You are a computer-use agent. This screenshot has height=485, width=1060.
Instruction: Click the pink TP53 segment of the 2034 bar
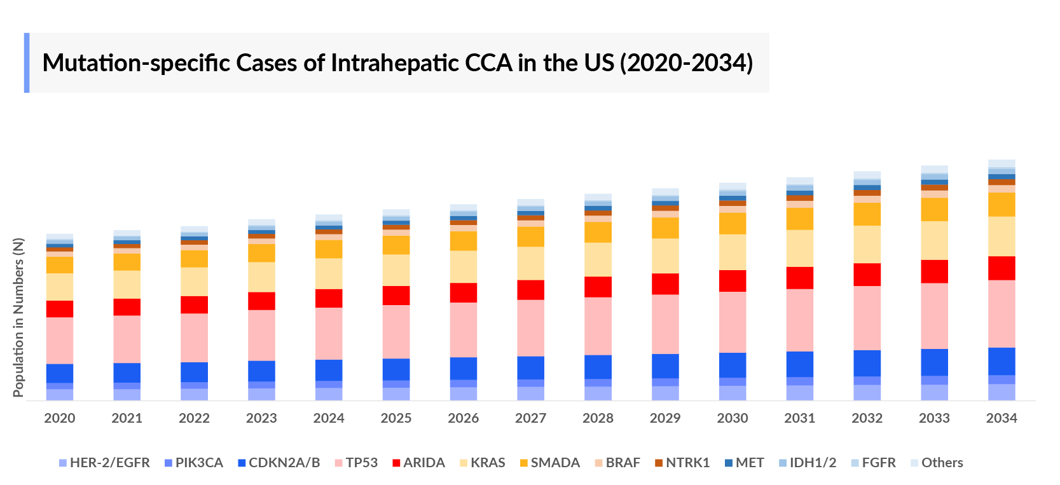(x=1001, y=313)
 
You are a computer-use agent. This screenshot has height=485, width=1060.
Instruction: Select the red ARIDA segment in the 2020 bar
(x=60, y=309)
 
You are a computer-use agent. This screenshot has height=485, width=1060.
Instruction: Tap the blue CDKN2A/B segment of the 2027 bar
(x=530, y=367)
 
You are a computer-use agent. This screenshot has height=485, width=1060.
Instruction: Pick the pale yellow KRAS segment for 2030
(x=733, y=252)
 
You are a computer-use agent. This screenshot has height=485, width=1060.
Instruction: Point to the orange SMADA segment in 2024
(x=329, y=249)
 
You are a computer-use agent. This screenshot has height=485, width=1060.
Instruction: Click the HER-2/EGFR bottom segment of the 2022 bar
(x=194, y=394)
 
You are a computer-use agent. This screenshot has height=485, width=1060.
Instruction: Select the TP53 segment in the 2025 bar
(x=396, y=331)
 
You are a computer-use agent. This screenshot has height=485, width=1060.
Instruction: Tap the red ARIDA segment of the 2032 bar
(x=867, y=275)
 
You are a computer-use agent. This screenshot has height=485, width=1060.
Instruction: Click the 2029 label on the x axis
(x=665, y=418)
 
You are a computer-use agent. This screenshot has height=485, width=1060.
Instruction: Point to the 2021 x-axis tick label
(x=127, y=418)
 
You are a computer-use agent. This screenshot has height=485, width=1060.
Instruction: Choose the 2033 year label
(x=934, y=418)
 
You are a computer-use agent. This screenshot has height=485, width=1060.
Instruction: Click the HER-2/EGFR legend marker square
(x=63, y=463)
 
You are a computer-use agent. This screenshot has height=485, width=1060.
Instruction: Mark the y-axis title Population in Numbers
(x=18, y=318)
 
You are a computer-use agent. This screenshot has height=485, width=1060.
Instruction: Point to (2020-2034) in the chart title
(x=686, y=63)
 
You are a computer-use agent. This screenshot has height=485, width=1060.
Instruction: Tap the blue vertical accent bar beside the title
(x=27, y=63)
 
